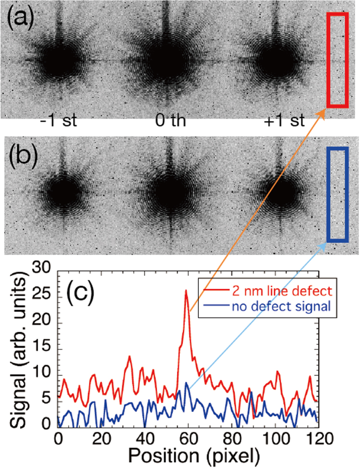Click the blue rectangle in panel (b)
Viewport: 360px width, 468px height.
pos(336,194)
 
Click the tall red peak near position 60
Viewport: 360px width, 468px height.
pos(186,291)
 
